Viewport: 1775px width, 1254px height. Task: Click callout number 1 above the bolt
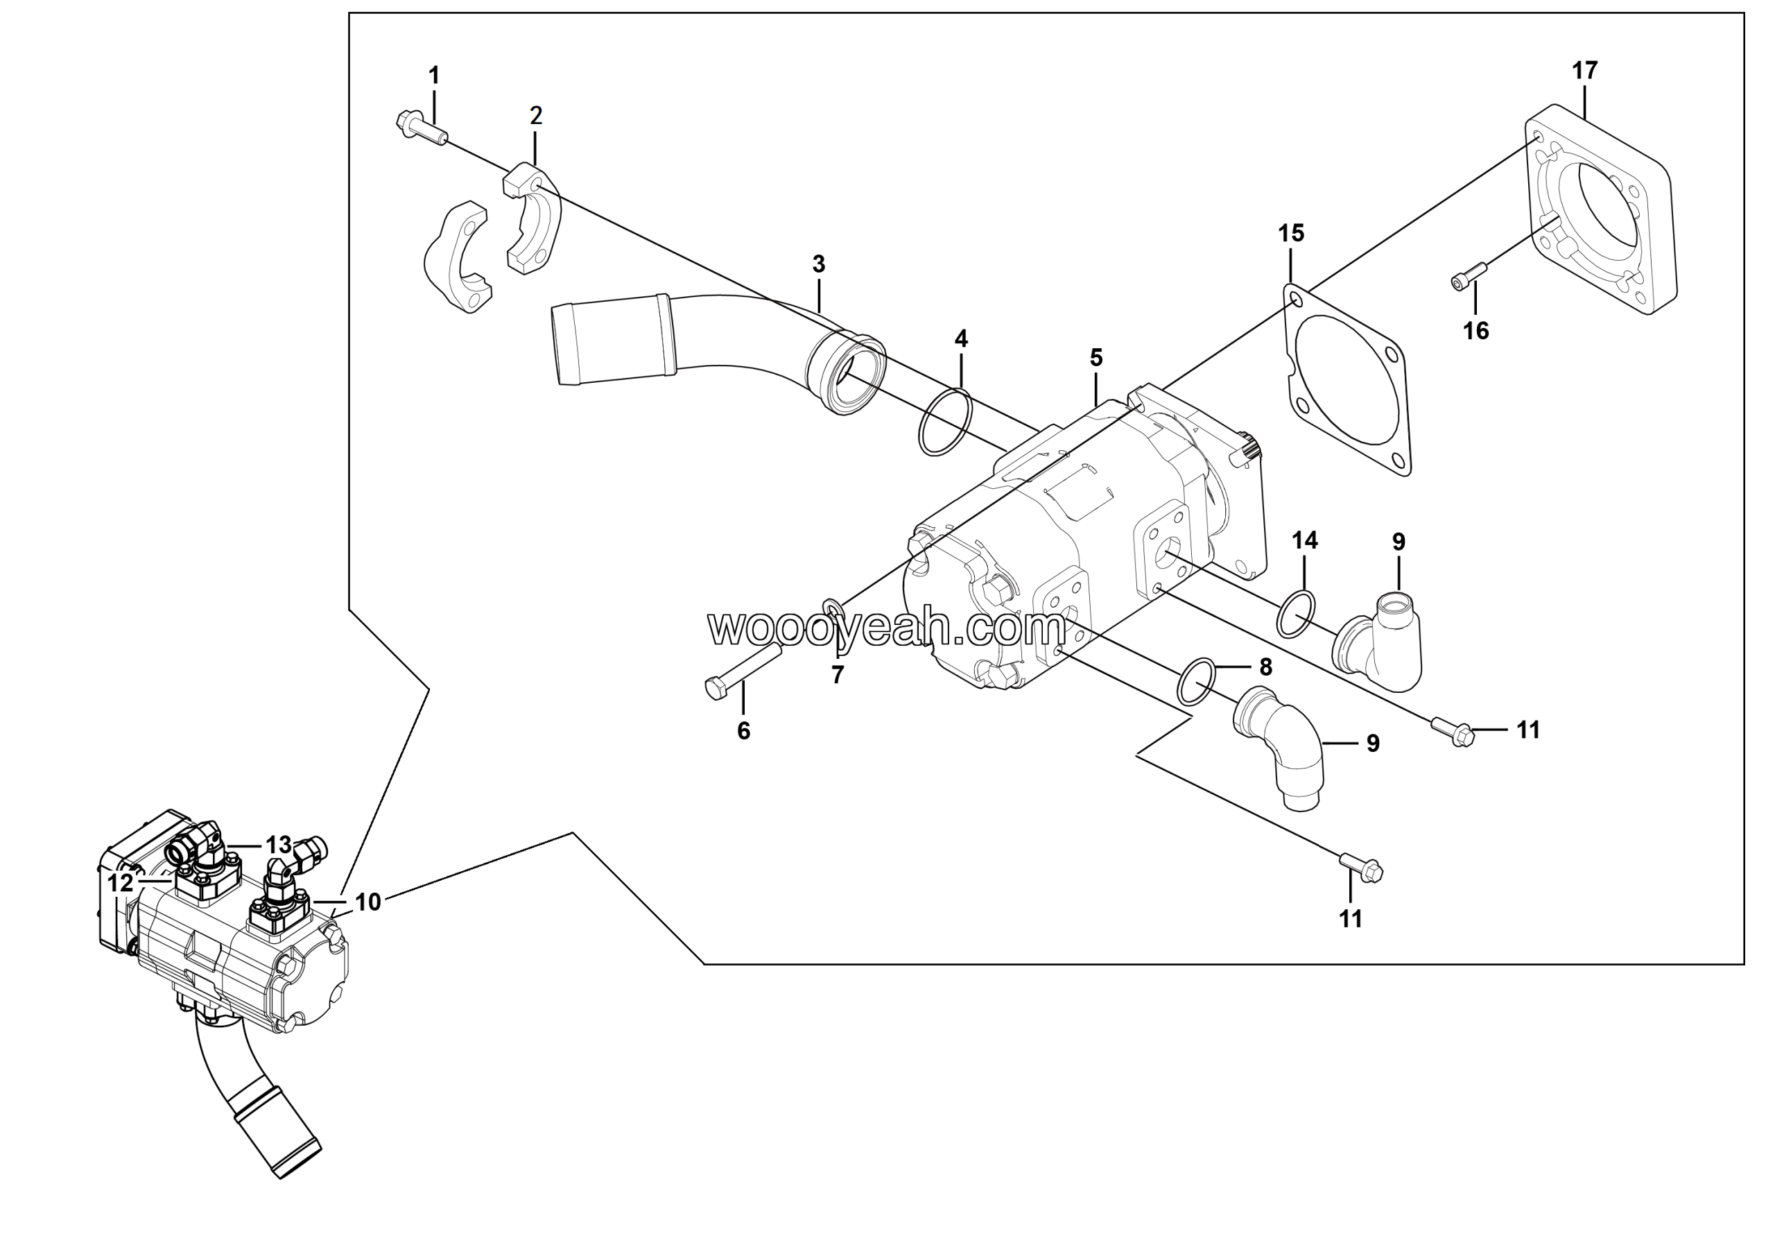pos(434,76)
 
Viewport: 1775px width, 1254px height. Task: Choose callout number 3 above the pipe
pos(819,264)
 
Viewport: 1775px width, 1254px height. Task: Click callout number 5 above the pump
pos(1096,358)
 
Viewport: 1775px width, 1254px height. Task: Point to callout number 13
pos(278,844)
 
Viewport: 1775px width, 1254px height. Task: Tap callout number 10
pos(368,902)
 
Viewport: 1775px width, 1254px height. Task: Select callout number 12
pos(121,883)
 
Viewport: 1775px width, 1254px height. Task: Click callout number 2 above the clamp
pos(536,116)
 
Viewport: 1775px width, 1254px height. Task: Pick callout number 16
pos(1475,331)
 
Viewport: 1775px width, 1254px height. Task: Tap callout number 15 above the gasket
pos(1290,233)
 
